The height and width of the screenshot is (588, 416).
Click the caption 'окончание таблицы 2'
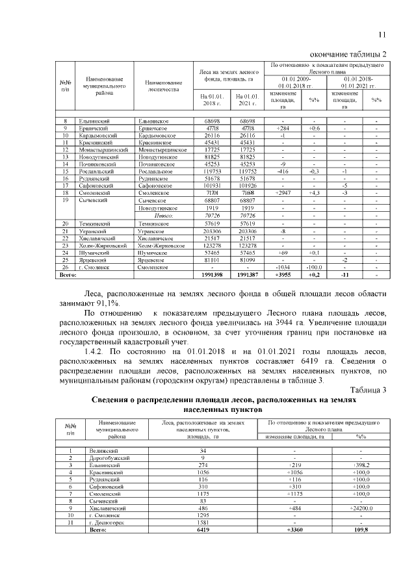tap(348, 53)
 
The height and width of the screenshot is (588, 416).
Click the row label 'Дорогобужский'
tap(108, 458)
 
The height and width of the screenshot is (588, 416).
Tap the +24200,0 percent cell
tap(360, 509)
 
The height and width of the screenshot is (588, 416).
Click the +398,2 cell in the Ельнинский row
tap(360, 465)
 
